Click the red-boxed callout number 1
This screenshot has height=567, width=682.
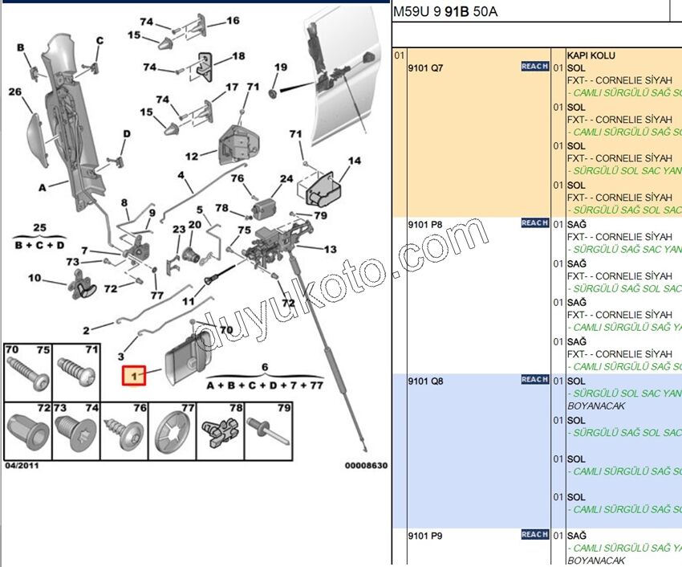(133, 374)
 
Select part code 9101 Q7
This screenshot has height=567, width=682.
(425, 68)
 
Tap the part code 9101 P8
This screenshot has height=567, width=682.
(425, 225)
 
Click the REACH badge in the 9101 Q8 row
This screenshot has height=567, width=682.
(534, 380)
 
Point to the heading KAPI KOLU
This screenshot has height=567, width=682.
(591, 55)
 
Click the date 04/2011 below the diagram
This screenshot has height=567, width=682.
(22, 465)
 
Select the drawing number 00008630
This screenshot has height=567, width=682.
(366, 465)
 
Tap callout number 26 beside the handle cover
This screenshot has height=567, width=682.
(15, 92)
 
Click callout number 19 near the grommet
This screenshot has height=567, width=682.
(280, 67)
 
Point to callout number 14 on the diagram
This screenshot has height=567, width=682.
(355, 161)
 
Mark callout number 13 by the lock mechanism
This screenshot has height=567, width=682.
(330, 249)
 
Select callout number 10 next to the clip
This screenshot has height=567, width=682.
(35, 278)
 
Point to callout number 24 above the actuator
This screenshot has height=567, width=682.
(286, 178)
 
